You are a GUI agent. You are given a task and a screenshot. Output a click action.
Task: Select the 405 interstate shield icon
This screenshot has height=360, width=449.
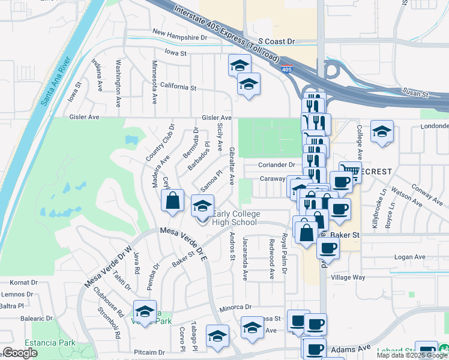287,70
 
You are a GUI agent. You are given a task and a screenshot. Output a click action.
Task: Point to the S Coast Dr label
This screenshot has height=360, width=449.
274,41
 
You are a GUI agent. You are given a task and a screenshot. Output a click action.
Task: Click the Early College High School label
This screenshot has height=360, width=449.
235,218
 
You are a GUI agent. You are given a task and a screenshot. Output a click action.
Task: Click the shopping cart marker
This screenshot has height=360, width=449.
350,172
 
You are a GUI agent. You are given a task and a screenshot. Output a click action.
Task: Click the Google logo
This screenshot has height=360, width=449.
20,353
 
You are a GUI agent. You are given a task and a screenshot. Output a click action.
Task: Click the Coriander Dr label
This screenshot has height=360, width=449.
277,164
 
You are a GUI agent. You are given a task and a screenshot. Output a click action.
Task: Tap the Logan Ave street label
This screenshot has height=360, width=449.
409,257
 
